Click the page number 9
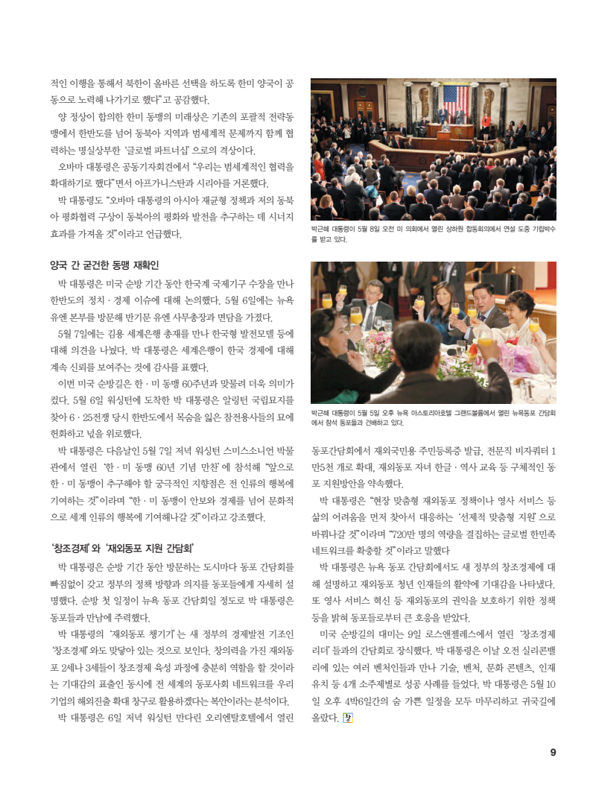click(x=553, y=752)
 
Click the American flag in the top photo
click(x=456, y=99)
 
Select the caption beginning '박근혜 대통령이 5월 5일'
click(x=432, y=417)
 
